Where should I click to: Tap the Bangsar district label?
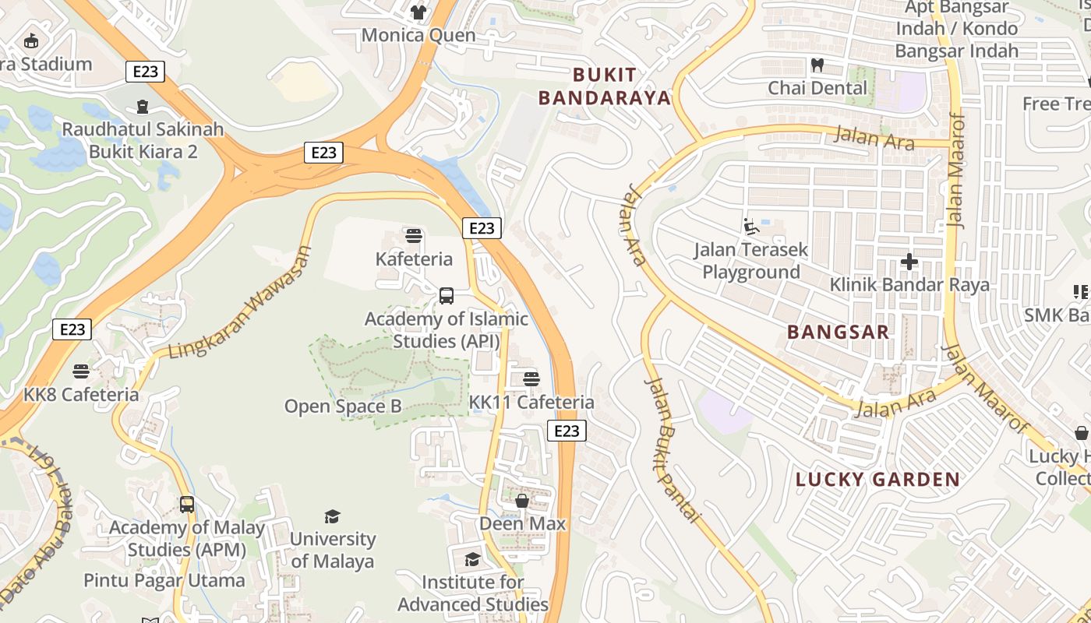[x=838, y=332]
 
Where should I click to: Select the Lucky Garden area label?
[x=877, y=479]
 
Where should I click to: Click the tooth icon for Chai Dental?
[x=817, y=65]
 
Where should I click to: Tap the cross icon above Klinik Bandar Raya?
[x=909, y=262]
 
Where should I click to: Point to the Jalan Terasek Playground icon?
[x=751, y=227]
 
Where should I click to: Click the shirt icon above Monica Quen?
[x=418, y=12]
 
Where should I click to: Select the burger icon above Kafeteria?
[x=414, y=235]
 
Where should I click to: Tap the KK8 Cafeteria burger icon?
[x=81, y=371]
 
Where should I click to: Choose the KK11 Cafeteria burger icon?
[x=531, y=379]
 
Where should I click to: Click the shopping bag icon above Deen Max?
[x=522, y=500]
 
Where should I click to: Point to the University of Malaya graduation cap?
[x=333, y=516]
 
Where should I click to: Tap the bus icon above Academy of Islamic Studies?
[x=447, y=295]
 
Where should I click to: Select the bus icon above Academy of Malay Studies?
[x=186, y=504]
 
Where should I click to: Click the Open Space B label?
[x=343, y=406]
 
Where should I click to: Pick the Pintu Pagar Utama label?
[x=164, y=580]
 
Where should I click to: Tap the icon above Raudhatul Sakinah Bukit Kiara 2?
[x=143, y=106]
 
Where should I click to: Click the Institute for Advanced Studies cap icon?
[x=472, y=559]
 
